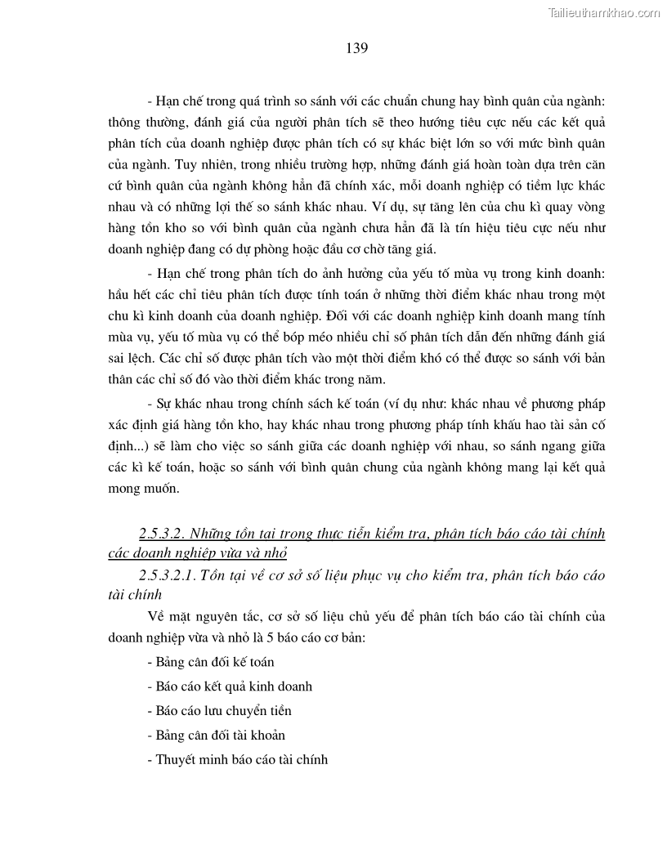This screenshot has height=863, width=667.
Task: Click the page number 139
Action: (356, 48)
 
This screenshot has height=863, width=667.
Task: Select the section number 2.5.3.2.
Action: (162, 534)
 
